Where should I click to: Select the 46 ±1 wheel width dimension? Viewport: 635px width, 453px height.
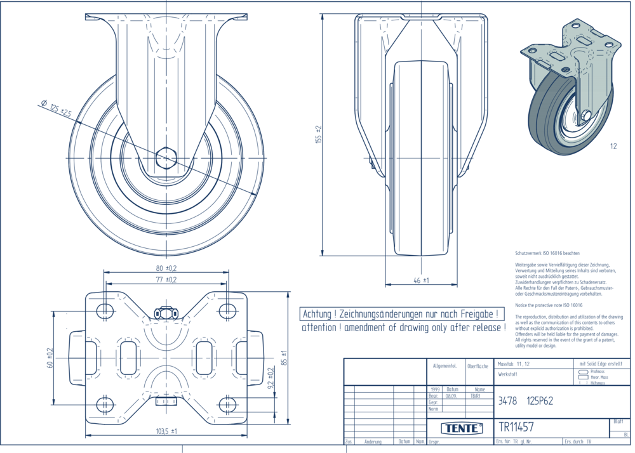(421, 280)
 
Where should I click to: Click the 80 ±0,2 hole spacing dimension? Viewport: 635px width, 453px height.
(166, 267)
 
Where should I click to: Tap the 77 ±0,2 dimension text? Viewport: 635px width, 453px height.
(166, 279)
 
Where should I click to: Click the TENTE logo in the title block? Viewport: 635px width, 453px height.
(461, 428)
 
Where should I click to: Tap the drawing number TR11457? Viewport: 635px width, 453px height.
(516, 427)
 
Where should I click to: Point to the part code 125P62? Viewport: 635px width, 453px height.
(540, 401)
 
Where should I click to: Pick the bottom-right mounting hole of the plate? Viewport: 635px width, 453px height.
(227, 404)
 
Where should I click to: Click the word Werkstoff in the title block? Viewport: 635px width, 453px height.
(508, 375)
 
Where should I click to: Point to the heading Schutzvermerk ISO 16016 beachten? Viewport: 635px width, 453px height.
(547, 253)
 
